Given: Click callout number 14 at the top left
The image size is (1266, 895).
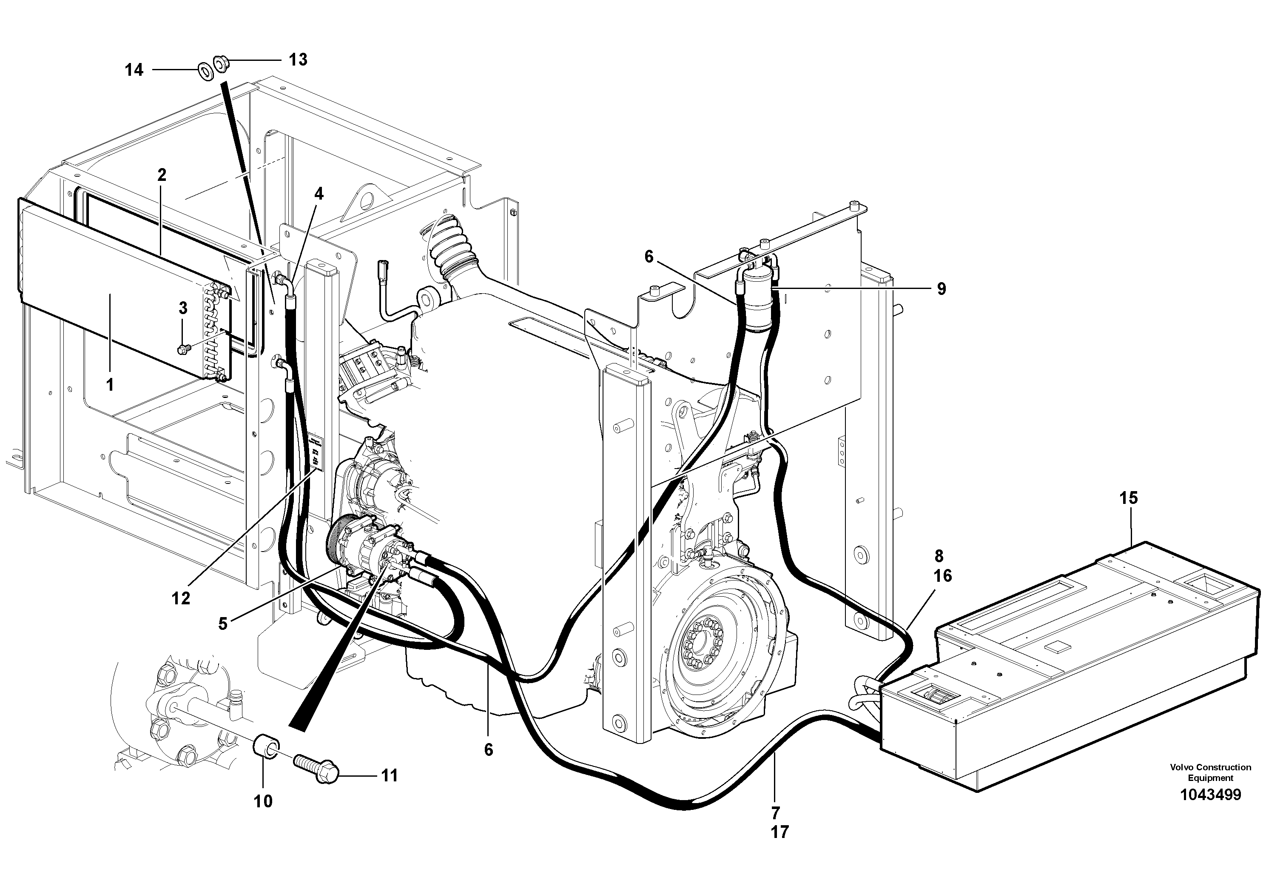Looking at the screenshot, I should [x=134, y=70].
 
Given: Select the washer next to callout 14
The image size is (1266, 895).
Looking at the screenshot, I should [x=206, y=71].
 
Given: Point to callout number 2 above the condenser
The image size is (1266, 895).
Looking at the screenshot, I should [x=162, y=175].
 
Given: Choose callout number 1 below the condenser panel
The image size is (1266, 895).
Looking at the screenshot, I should [x=110, y=385].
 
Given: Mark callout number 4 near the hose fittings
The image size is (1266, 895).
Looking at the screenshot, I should [x=319, y=193].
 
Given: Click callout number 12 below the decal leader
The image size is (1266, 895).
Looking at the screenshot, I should [x=181, y=598].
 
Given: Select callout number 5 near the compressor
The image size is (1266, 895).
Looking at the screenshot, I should [x=223, y=624].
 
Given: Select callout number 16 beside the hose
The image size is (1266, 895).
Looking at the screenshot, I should [x=943, y=576].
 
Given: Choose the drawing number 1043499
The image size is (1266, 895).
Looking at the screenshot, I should [x=1210, y=795].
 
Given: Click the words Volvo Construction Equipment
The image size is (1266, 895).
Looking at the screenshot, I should [x=1210, y=772].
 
